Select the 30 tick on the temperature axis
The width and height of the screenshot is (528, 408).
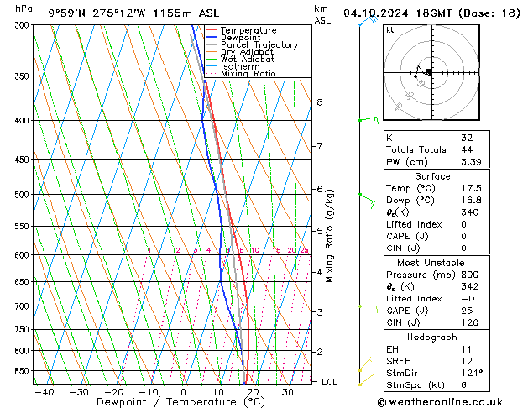(288, 392)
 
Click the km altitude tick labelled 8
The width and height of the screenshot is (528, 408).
(319, 102)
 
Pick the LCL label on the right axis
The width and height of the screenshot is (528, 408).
(329, 382)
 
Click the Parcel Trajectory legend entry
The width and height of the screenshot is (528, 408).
(259, 45)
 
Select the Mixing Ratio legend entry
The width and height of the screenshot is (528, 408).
(248, 74)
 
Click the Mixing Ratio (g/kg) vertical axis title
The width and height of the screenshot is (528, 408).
(331, 236)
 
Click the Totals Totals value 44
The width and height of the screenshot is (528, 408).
(466, 149)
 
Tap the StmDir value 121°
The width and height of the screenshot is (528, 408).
(473, 373)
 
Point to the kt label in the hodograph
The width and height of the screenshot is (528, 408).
(390, 29)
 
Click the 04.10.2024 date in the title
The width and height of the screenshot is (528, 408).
(374, 13)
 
